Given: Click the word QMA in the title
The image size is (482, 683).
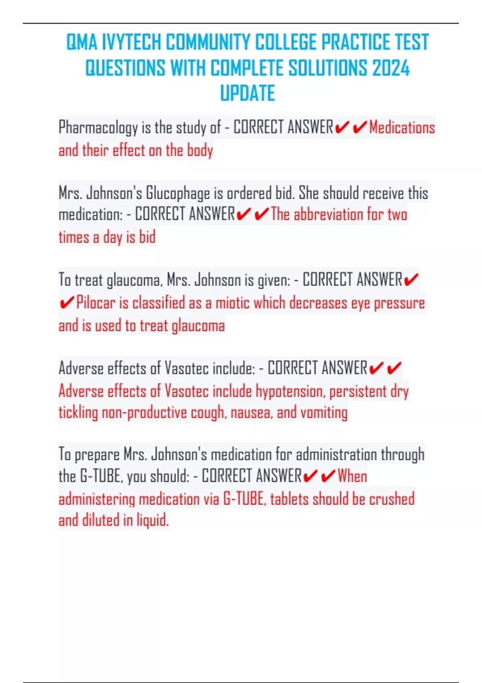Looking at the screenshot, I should click(x=82, y=42).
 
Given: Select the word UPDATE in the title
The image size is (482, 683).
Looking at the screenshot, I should click(x=247, y=93).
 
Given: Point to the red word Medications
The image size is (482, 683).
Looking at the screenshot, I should click(x=402, y=128).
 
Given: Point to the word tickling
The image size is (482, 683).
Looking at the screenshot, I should click(x=78, y=413).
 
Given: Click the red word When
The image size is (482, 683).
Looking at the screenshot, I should click(x=352, y=476).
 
